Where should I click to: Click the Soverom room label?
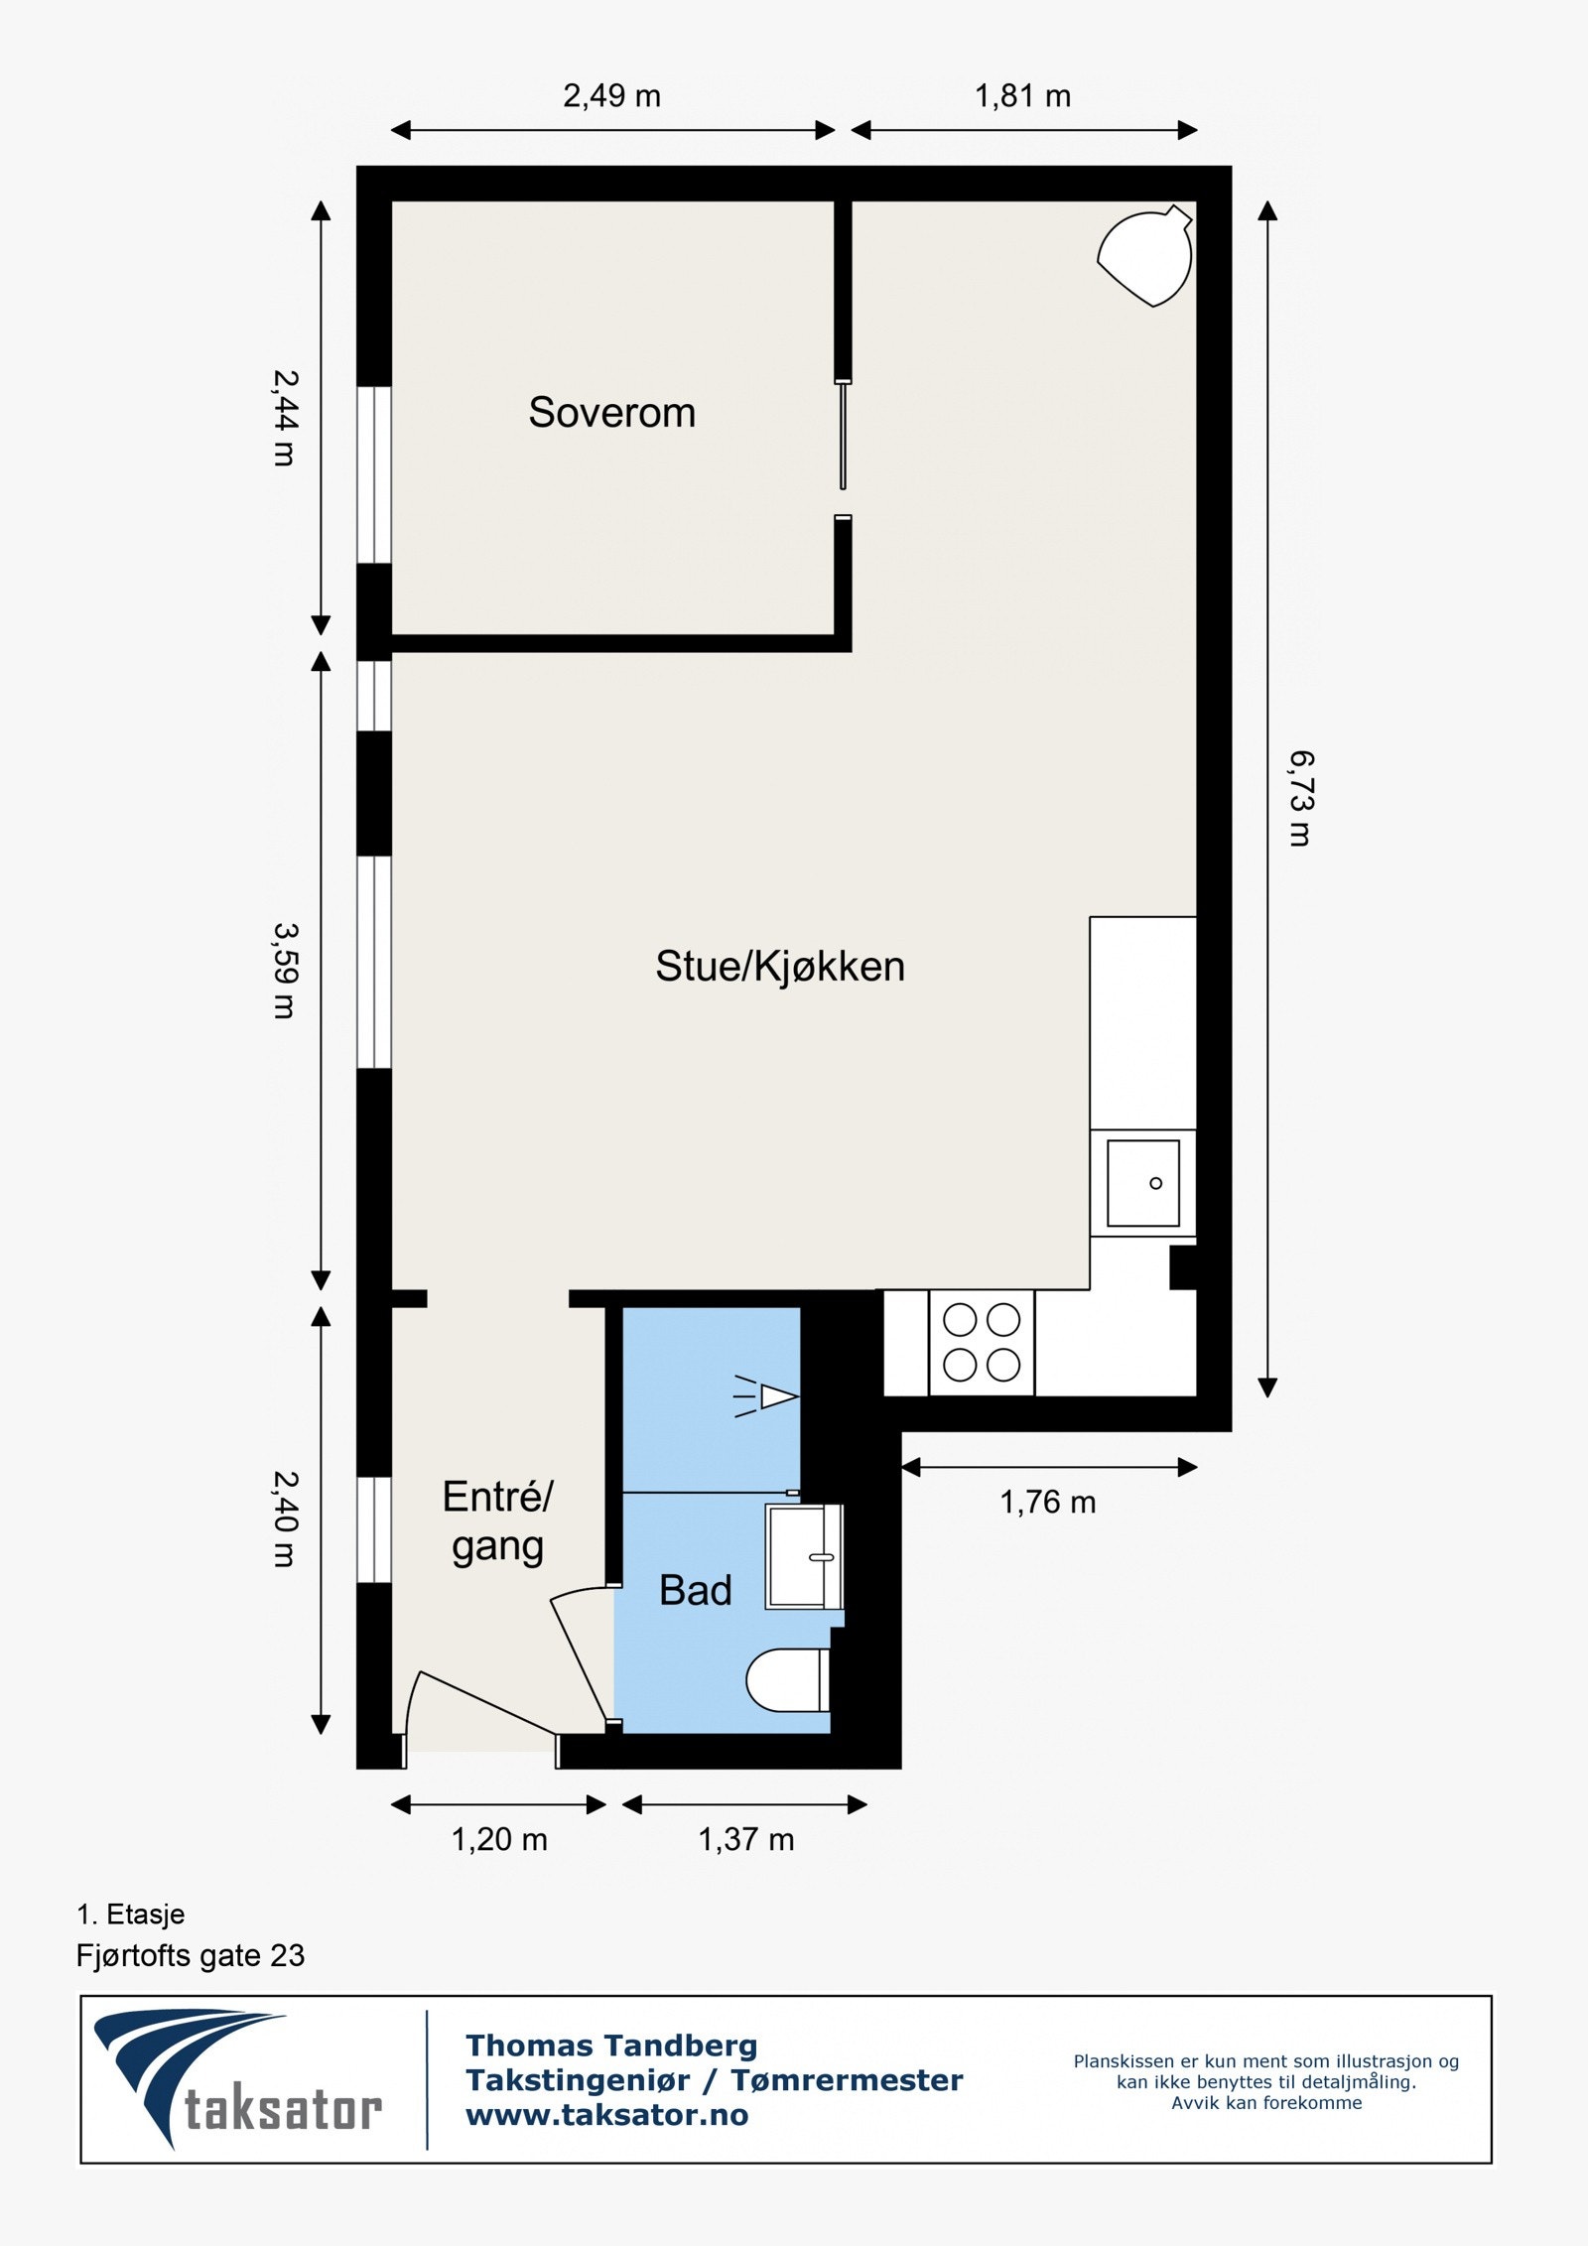click(611, 412)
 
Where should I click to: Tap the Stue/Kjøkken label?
click(780, 967)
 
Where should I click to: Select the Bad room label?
click(695, 1590)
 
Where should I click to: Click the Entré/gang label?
click(497, 1521)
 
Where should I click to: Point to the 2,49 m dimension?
click(611, 96)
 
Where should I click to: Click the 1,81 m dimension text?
click(1022, 96)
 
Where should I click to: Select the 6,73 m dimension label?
click(1300, 798)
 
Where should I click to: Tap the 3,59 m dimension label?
click(285, 971)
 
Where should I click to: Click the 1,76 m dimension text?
click(1047, 1503)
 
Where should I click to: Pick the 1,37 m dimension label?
click(745, 1840)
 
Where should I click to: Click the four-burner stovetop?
click(982, 1343)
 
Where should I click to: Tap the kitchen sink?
click(1143, 1183)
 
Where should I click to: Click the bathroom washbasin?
click(802, 1556)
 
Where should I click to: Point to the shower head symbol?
click(769, 1396)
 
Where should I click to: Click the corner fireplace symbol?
click(1146, 256)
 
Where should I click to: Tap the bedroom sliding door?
click(843, 437)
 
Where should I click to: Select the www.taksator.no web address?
click(606, 2115)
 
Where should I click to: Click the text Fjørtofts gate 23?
click(191, 1955)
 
